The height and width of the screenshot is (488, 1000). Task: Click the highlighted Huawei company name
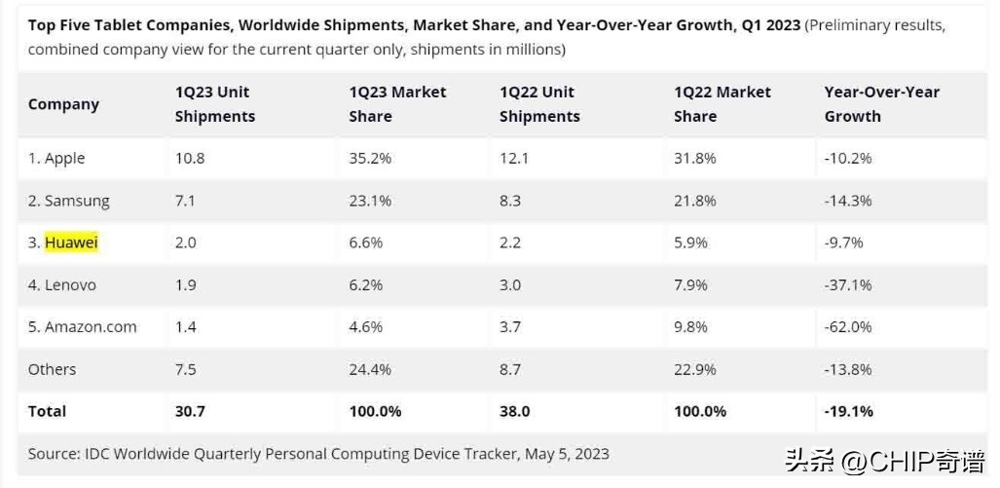72,243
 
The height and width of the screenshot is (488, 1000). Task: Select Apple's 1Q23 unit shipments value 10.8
189,159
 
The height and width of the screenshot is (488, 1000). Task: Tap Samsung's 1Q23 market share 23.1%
370,201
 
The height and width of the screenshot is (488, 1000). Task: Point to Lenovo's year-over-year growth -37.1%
847,285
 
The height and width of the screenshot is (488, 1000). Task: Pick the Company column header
63,104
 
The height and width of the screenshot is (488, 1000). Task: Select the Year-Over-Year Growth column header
881,104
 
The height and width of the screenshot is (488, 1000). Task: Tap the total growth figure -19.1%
848,411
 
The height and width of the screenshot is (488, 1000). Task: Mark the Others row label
52,369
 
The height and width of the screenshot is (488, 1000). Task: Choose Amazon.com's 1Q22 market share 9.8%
690,327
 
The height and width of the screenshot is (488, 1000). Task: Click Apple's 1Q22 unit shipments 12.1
514,159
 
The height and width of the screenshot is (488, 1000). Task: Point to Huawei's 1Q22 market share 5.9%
690,243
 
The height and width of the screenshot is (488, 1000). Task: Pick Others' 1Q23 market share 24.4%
370,369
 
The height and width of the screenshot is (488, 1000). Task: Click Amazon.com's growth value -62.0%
847,327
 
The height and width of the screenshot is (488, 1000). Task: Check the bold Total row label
47,411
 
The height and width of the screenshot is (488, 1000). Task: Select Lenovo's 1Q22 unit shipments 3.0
510,285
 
